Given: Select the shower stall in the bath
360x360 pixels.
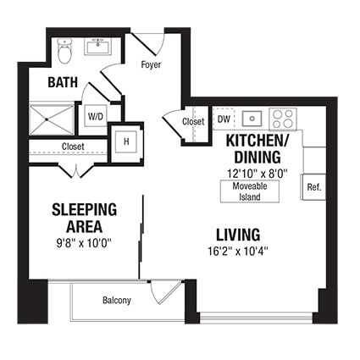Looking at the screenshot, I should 53,119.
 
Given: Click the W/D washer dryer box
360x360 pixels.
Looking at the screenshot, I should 95,118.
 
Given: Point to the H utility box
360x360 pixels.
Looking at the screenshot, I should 126,141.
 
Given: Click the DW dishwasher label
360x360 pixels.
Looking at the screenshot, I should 224,119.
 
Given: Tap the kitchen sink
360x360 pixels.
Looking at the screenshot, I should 252,119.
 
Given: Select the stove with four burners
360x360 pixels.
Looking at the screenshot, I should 283,119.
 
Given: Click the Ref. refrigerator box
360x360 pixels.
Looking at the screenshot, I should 313,186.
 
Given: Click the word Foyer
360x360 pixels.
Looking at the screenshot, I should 151,65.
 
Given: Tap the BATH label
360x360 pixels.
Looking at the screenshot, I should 63,82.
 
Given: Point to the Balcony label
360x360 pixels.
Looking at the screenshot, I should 116,301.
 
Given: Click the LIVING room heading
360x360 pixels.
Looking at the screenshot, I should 237,234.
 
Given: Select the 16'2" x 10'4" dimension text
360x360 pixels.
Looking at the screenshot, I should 237,252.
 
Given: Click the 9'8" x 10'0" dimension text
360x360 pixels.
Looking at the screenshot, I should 84,243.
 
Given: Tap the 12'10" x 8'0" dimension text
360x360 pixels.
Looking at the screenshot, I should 258,171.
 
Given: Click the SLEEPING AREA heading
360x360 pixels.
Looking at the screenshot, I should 84,217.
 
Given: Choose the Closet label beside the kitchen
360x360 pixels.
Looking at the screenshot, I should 193,122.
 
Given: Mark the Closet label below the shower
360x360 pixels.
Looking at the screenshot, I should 73,147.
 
